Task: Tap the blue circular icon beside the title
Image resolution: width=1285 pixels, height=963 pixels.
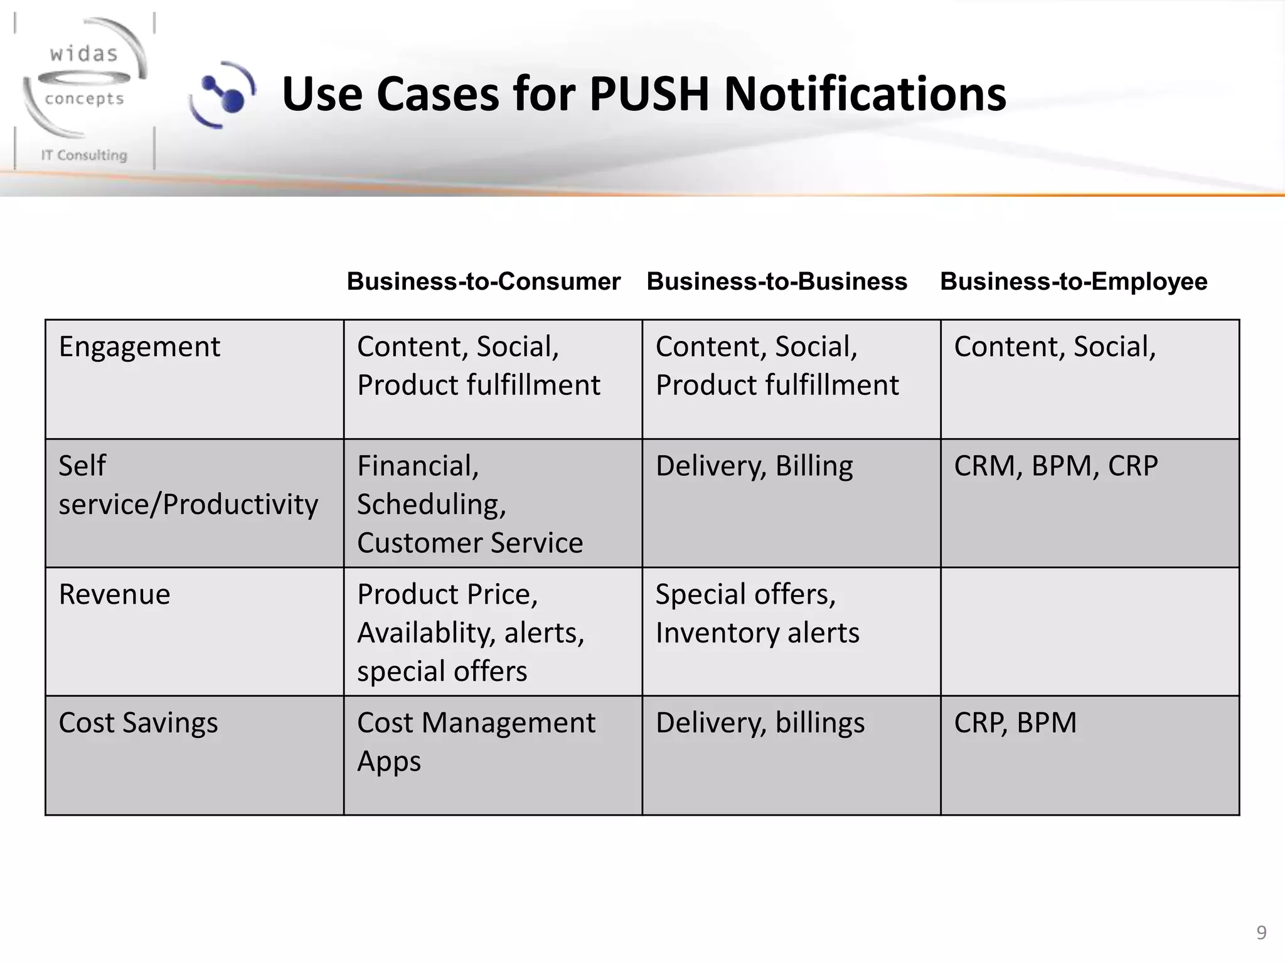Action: (x=223, y=95)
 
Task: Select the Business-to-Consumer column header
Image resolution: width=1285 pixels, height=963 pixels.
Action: (x=483, y=282)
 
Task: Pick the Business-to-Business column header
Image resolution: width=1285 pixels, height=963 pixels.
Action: (x=777, y=282)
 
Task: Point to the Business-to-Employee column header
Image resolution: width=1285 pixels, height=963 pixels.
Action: (x=1073, y=282)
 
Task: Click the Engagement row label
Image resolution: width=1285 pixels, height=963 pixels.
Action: (x=139, y=347)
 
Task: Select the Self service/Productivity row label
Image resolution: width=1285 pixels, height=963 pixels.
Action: (x=188, y=485)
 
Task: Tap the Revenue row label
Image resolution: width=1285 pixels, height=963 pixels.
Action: (x=114, y=594)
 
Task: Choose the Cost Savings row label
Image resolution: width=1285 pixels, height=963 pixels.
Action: (x=138, y=723)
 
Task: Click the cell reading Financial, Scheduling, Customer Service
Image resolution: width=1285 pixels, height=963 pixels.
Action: (x=469, y=504)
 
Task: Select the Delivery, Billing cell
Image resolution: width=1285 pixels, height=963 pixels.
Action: (x=754, y=466)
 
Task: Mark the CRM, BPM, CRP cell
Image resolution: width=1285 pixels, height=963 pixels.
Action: (x=1055, y=466)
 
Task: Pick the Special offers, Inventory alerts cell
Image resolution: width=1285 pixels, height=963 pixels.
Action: (x=757, y=614)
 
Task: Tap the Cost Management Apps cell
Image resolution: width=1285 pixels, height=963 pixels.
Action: (x=476, y=742)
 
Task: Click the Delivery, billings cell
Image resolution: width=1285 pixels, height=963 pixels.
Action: (x=760, y=723)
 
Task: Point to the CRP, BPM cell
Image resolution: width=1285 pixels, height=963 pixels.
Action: (x=1015, y=723)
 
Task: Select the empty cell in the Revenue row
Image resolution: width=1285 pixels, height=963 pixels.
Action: (x=1089, y=631)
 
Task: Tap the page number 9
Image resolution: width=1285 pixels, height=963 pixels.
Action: (x=1261, y=933)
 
